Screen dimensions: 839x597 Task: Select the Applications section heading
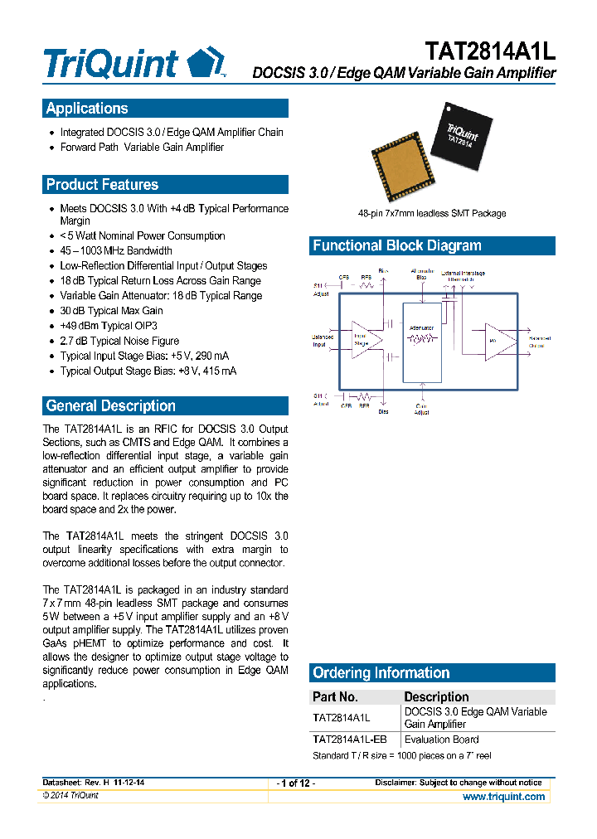coord(87,109)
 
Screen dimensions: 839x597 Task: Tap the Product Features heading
coord(102,185)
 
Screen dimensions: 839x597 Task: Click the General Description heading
coord(110,406)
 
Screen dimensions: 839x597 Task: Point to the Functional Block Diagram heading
coord(396,245)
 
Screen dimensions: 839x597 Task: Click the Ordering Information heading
coord(381,673)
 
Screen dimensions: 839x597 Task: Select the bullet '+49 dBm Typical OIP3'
coord(108,326)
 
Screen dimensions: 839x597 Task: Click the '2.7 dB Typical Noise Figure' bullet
coord(119,341)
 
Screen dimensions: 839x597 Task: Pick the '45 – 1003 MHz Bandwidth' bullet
coord(116,250)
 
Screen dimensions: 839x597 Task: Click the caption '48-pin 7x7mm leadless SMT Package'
coord(431,213)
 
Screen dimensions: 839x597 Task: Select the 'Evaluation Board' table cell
coord(441,740)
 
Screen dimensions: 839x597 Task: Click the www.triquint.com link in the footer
coord(503,797)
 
